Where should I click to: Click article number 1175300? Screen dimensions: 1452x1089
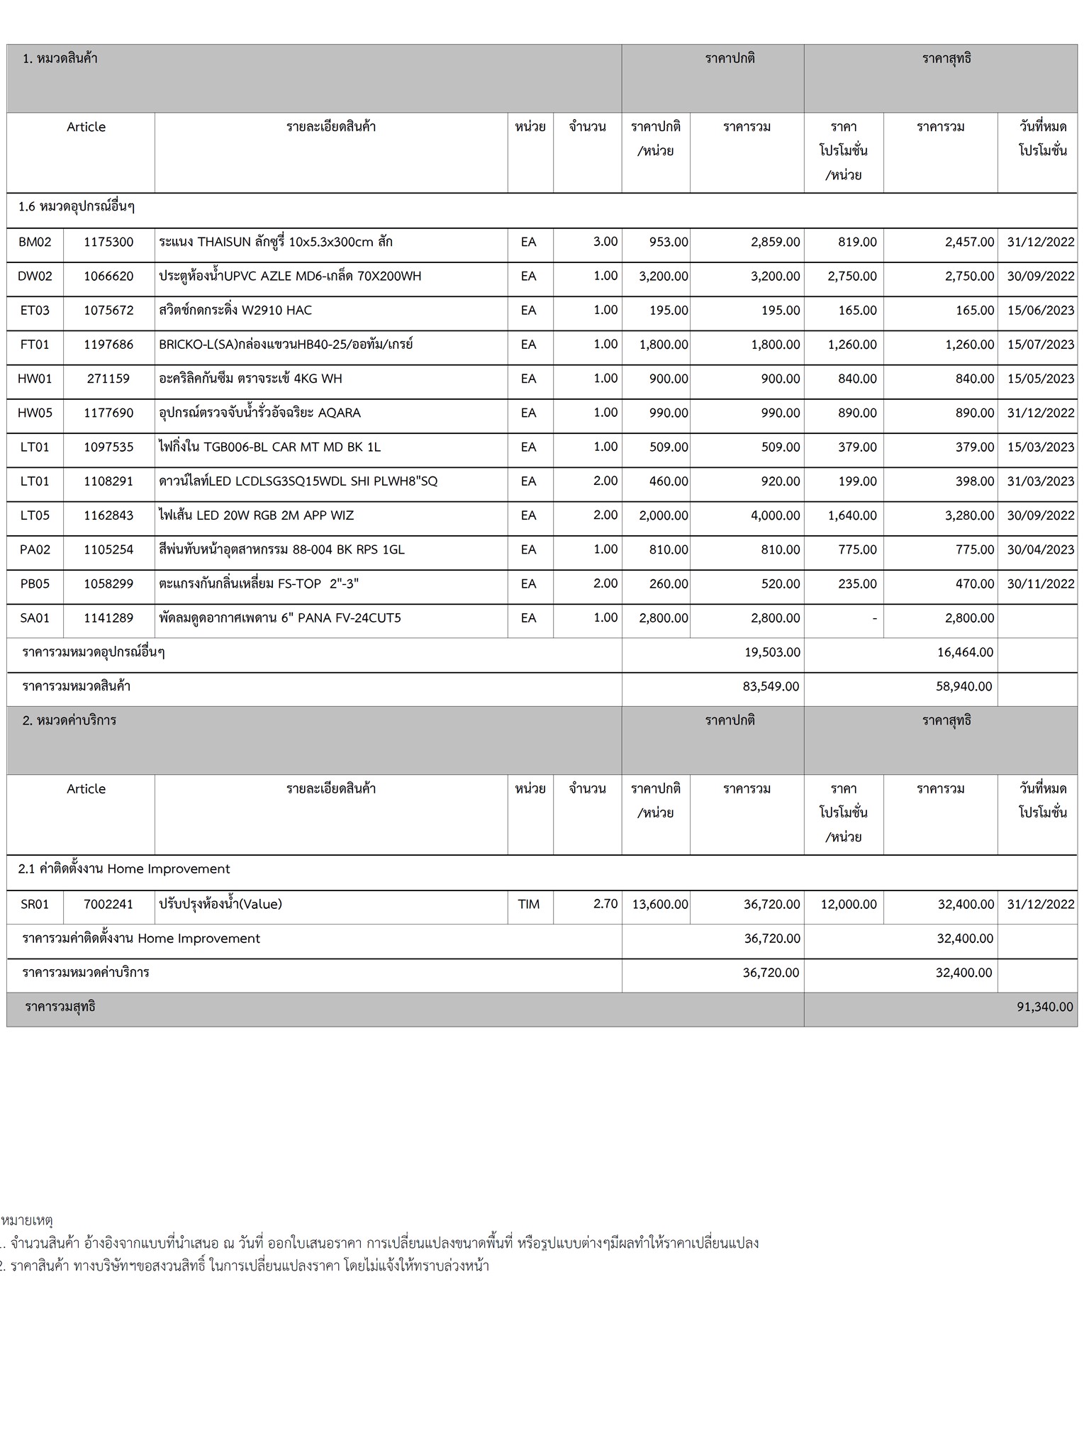pyautogui.click(x=108, y=242)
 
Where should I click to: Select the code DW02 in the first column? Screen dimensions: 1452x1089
pyautogui.click(x=35, y=276)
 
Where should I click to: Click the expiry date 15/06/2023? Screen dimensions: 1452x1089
pyautogui.click(x=1040, y=311)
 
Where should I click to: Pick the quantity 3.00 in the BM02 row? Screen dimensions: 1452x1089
pyautogui.click(x=605, y=242)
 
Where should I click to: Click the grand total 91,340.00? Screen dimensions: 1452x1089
pyautogui.click(x=1044, y=1007)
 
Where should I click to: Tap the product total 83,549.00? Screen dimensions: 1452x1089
pyautogui.click(x=771, y=686)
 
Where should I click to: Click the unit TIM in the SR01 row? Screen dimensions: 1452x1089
pyautogui.click(x=529, y=904)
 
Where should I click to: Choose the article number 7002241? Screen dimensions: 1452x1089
pyautogui.click(x=108, y=904)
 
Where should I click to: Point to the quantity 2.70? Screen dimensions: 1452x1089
pyautogui.click(x=605, y=904)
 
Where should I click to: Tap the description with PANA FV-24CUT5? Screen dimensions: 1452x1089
pyautogui.click(x=279, y=618)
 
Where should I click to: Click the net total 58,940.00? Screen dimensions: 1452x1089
pyautogui.click(x=964, y=686)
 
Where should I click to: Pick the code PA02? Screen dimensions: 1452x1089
pyautogui.click(x=35, y=549)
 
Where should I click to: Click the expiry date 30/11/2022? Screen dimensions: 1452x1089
pyautogui.click(x=1040, y=584)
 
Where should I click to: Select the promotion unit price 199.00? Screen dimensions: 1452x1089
pyautogui.click(x=857, y=481)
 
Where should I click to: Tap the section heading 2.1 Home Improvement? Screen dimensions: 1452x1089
pyautogui.click(x=124, y=869)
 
